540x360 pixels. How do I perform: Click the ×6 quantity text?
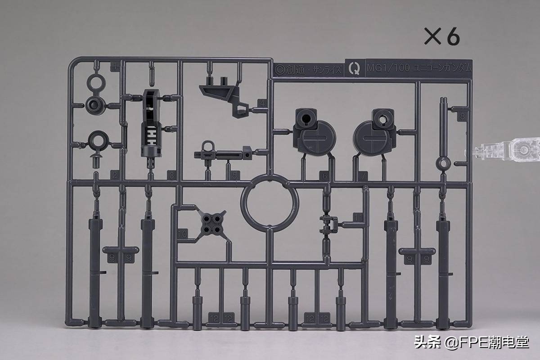[442, 36]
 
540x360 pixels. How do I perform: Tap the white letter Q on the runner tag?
[355, 69]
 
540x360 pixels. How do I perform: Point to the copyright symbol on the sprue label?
[279, 70]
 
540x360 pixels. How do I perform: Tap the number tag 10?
[182, 234]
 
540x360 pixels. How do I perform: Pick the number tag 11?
[358, 217]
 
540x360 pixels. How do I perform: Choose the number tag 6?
[324, 176]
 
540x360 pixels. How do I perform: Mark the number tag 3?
[171, 175]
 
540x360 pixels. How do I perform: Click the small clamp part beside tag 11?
[329, 223]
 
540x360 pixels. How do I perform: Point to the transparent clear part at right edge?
[506, 148]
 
